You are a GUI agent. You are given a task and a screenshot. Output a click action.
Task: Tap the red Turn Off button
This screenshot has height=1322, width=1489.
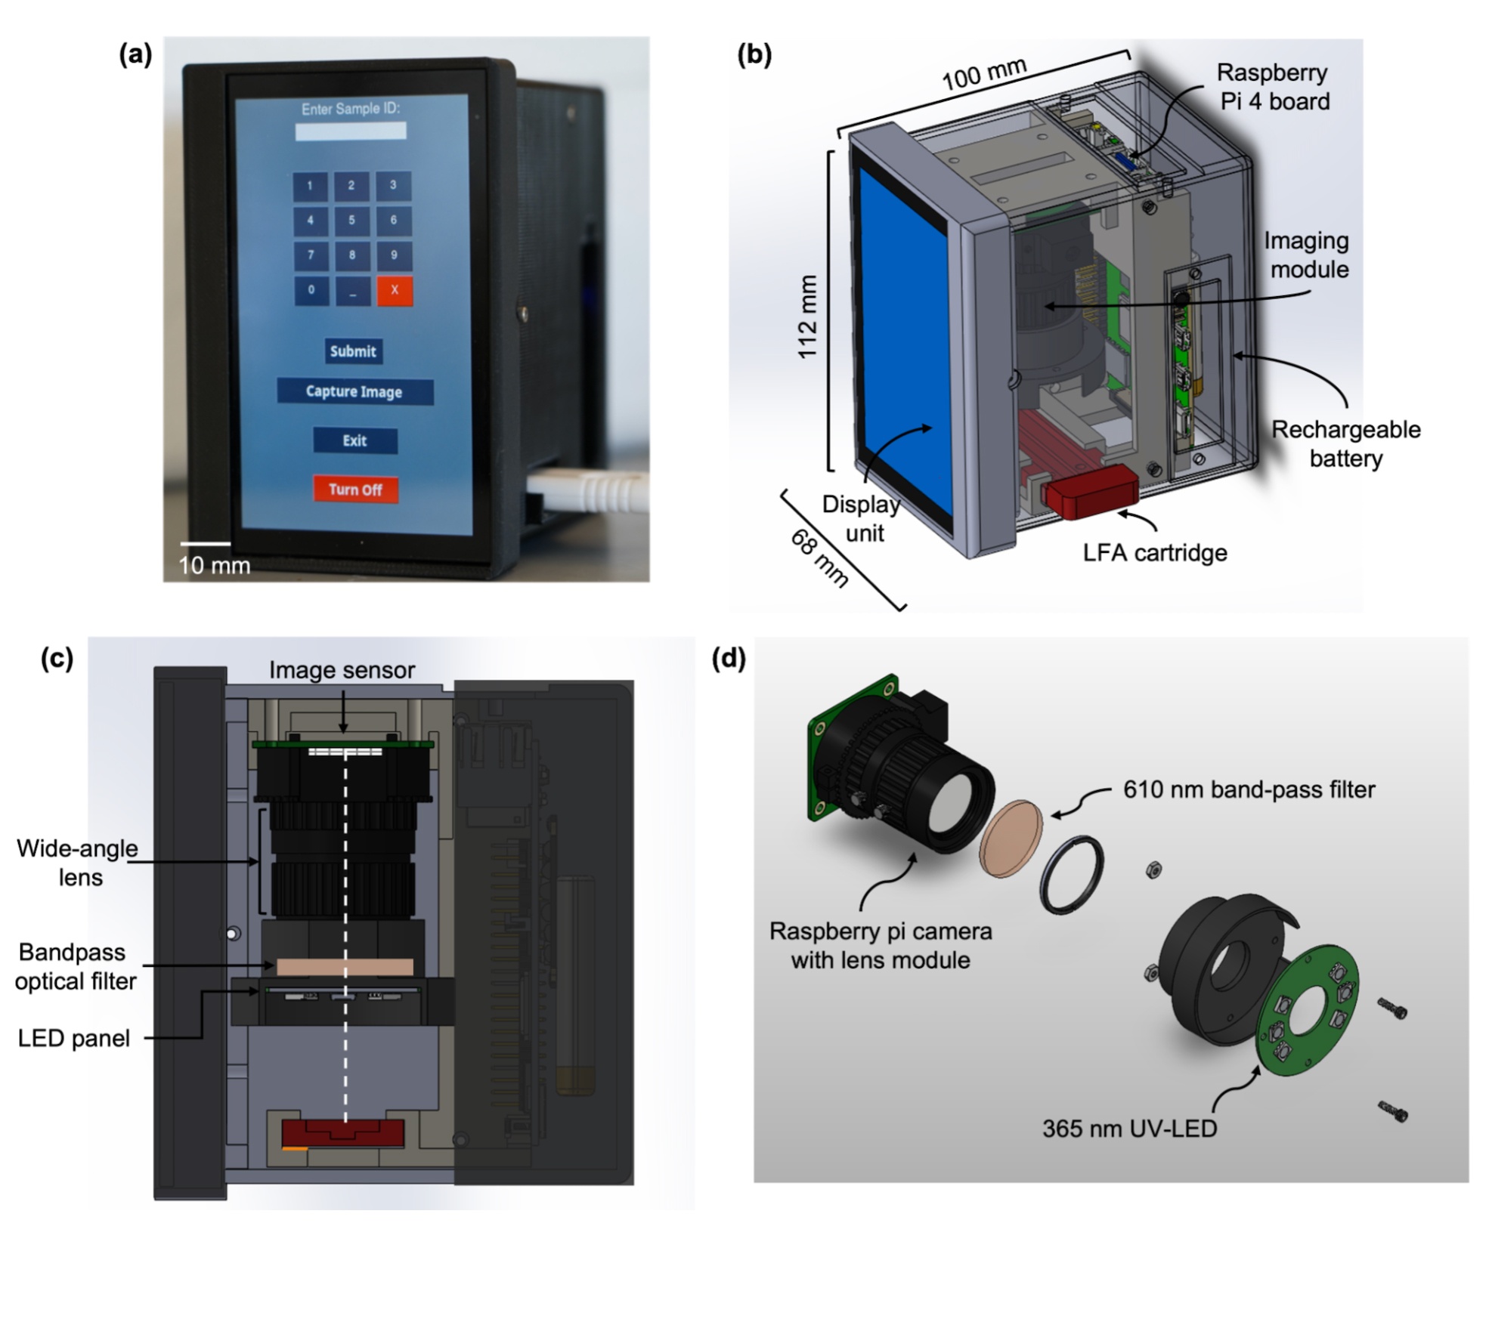(x=355, y=489)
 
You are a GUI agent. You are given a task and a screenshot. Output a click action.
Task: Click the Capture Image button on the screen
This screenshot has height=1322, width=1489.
(x=354, y=391)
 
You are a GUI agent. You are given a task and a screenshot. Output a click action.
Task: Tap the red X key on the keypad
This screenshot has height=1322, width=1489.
(x=395, y=290)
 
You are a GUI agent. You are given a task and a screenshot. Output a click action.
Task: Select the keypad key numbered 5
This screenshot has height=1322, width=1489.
(x=351, y=221)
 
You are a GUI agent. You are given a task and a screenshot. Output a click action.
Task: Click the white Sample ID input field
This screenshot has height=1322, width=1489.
(x=350, y=131)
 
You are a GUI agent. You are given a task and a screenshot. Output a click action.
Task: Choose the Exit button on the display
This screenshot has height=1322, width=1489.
(x=354, y=440)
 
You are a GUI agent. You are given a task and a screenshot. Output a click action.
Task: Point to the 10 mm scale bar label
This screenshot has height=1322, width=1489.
(x=214, y=565)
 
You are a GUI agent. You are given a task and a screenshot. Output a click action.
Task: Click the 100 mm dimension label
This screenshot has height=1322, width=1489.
(x=983, y=74)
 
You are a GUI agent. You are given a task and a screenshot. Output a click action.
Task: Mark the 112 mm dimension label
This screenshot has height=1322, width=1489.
(x=807, y=317)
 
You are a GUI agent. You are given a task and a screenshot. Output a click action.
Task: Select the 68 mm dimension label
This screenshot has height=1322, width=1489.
(x=820, y=558)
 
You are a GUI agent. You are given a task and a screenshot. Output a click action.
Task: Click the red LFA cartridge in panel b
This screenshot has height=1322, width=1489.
(x=1090, y=492)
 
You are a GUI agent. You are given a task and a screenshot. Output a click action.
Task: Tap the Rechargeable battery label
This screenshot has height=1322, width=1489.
(x=1345, y=443)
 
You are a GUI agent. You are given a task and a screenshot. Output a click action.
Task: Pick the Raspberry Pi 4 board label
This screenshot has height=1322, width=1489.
(x=1274, y=87)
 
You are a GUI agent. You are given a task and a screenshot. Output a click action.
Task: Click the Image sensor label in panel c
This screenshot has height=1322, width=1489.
(x=342, y=670)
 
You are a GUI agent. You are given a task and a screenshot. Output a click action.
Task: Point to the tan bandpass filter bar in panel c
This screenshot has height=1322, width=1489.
(x=345, y=967)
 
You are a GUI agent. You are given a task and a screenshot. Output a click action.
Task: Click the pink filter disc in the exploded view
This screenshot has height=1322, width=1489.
(x=1011, y=838)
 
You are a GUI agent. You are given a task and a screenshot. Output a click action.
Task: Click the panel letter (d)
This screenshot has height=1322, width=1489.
(x=729, y=658)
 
